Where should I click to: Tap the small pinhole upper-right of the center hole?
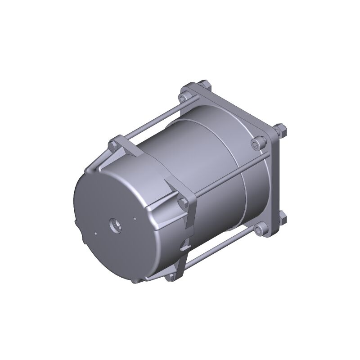(134, 220)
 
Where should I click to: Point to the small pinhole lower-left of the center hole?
(95, 234)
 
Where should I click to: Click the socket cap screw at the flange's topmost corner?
(184, 96)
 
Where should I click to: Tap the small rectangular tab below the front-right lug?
(183, 246)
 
